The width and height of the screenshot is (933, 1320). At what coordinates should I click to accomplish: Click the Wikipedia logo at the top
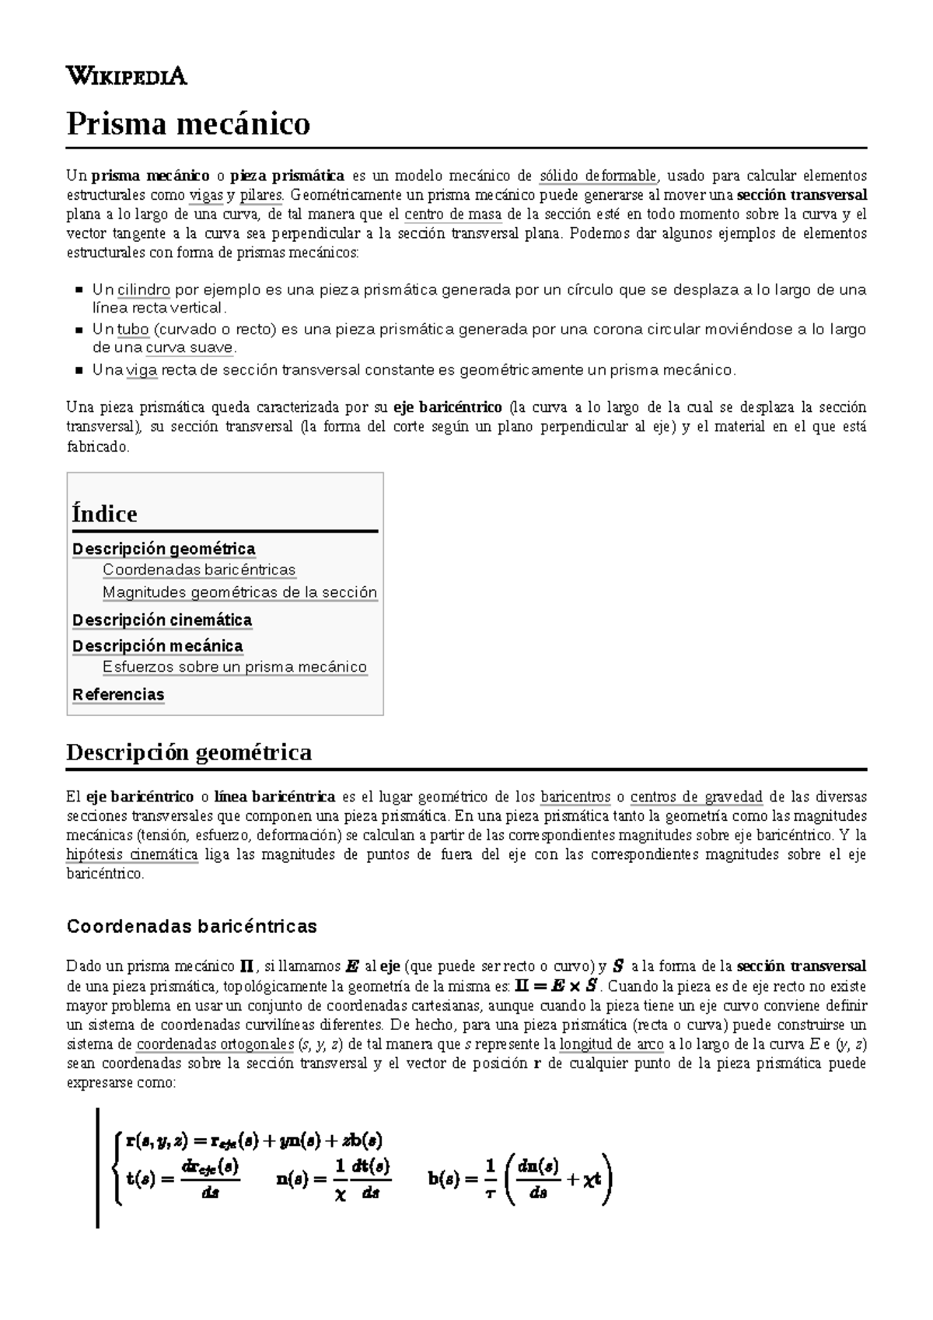[x=127, y=76]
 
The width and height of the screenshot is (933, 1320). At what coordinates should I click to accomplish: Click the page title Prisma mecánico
[x=188, y=124]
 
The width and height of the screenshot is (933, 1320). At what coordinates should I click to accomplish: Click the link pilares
[x=260, y=194]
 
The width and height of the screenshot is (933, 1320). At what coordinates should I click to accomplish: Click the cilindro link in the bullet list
[x=144, y=290]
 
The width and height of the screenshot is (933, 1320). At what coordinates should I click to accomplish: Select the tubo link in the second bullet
[x=132, y=329]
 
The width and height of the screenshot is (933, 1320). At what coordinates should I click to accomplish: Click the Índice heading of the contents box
[x=104, y=514]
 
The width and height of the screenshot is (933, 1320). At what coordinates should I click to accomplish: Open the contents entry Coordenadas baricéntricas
[x=199, y=570]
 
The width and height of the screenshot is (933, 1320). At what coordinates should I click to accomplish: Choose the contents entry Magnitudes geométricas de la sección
[x=239, y=592]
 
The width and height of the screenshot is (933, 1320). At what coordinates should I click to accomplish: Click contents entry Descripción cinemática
[x=162, y=620]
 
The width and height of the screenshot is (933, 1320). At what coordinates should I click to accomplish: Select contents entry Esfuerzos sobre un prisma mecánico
[x=234, y=667]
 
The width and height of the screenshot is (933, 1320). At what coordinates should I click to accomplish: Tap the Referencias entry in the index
[x=118, y=694]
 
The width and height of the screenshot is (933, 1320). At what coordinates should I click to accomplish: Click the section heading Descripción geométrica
[x=189, y=753]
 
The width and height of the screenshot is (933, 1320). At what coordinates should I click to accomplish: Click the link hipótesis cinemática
[x=131, y=854]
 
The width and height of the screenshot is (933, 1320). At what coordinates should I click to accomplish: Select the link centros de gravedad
[x=696, y=797]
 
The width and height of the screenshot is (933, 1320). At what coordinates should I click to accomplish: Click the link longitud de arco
[x=611, y=1044]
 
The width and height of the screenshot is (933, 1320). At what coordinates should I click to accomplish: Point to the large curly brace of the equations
[x=117, y=1168]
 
